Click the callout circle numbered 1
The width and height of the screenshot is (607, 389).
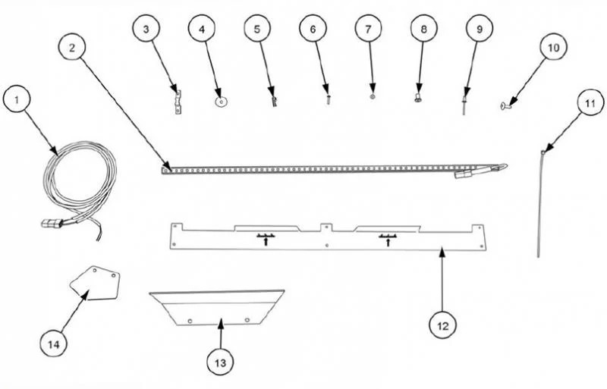click(16, 100)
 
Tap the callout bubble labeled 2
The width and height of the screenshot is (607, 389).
click(72, 48)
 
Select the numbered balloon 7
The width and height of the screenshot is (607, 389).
click(368, 29)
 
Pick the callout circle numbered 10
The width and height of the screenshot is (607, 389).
click(554, 47)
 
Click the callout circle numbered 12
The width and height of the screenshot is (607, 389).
click(443, 326)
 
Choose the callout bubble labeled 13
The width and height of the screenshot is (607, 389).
click(220, 362)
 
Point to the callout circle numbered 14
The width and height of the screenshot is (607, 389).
click(54, 344)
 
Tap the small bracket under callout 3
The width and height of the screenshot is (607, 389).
click(178, 102)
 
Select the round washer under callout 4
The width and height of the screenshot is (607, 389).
click(221, 102)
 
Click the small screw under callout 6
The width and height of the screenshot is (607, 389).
click(329, 100)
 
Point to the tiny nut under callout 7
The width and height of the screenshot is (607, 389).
click(372, 97)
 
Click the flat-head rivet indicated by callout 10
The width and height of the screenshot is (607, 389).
click(505, 105)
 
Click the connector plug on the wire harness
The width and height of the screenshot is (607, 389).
click(52, 224)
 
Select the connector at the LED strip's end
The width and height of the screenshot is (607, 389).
click(464, 174)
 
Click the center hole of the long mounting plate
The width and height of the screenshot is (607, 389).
click(327, 245)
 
